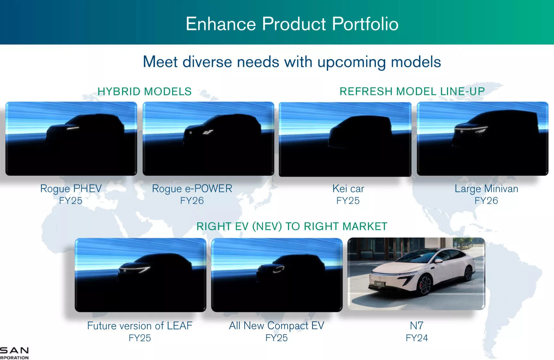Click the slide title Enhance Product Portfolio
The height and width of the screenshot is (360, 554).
[x=292, y=24]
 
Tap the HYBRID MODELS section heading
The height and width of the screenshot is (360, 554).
[x=145, y=91]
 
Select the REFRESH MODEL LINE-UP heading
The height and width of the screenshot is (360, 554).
[x=412, y=91]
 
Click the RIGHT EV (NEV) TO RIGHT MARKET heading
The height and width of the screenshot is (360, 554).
[x=292, y=227]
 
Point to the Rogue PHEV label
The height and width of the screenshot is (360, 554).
[x=71, y=189]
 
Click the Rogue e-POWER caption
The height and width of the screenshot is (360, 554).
[x=192, y=189]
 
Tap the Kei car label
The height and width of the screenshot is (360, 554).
[x=348, y=189]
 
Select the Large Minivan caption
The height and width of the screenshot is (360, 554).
[x=486, y=189]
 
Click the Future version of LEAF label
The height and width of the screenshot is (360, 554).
[x=140, y=326]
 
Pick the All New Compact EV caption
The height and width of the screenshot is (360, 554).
[x=276, y=326]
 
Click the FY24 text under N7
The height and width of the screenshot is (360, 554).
[x=417, y=338]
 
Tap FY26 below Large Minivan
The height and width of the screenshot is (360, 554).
[x=486, y=201]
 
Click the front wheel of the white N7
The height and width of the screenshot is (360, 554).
[x=424, y=285]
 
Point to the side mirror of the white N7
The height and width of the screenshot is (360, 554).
[x=438, y=261]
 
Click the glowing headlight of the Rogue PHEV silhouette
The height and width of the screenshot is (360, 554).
[x=73, y=128]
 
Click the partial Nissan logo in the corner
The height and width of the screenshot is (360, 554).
[x=14, y=353]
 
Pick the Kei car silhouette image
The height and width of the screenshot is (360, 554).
[x=345, y=139]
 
